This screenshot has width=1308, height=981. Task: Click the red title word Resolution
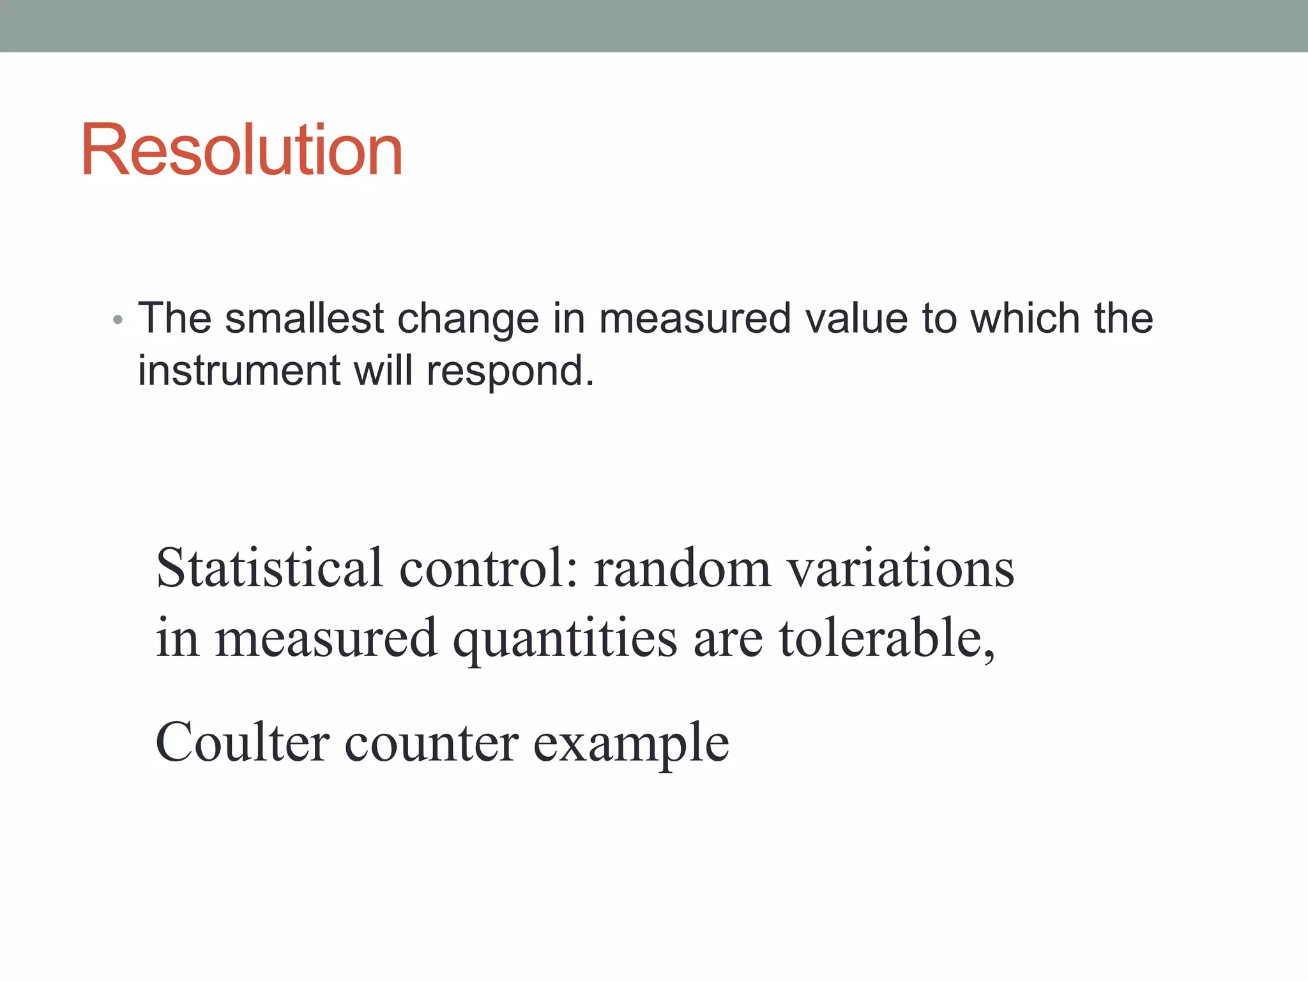[x=241, y=150]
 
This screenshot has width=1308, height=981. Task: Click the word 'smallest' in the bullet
[x=305, y=318]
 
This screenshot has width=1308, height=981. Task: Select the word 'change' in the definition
[x=468, y=319]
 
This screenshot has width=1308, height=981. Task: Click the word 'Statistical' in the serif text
[x=269, y=568]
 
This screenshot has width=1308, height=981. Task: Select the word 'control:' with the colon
[x=489, y=568]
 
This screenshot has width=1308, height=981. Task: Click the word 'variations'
[x=901, y=568]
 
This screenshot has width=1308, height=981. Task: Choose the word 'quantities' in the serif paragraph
[x=565, y=639]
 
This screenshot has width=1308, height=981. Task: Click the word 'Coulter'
[x=242, y=742]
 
